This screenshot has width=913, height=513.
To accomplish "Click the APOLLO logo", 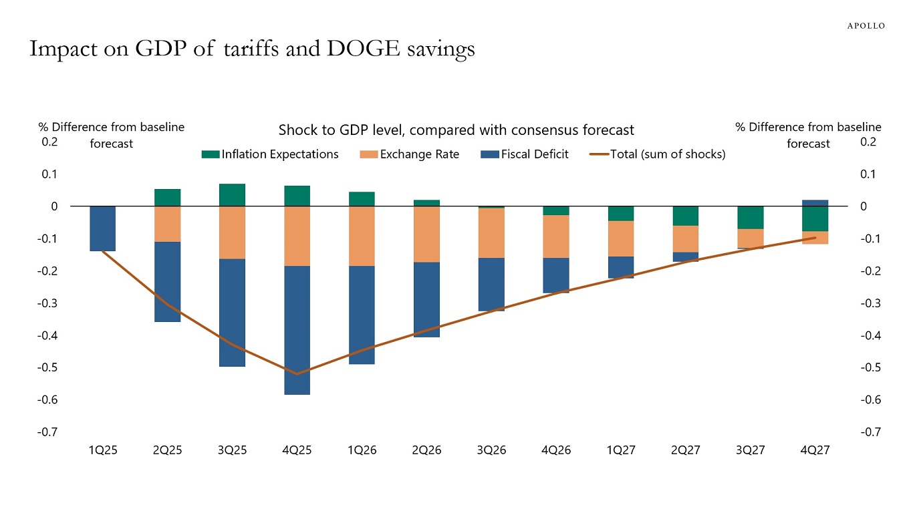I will pos(866,25).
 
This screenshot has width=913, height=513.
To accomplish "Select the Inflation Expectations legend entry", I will pos(271,154).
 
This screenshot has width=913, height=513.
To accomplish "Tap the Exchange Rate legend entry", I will pos(410,154).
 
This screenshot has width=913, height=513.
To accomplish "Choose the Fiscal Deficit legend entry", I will pos(525,154).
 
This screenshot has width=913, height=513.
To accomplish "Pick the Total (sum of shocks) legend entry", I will pos(658,154).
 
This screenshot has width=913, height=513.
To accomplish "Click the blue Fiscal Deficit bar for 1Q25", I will pos(102,228).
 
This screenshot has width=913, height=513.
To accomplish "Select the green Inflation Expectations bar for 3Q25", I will pos(232,195).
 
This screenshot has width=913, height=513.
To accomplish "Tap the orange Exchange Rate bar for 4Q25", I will pos(297,236).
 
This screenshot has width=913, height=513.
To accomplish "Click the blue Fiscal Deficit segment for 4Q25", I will pos(297,330).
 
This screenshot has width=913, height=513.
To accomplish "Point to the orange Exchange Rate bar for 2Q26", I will pos(426,234).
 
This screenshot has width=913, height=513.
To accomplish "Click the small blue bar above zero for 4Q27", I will pos(815,203).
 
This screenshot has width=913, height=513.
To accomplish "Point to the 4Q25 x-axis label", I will pos(297,450).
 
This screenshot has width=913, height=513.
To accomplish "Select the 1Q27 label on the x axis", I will pos(621,450).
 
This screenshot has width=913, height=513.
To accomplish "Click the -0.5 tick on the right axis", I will pos(868,367).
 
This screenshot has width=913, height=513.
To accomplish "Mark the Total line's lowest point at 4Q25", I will pos(297,374).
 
